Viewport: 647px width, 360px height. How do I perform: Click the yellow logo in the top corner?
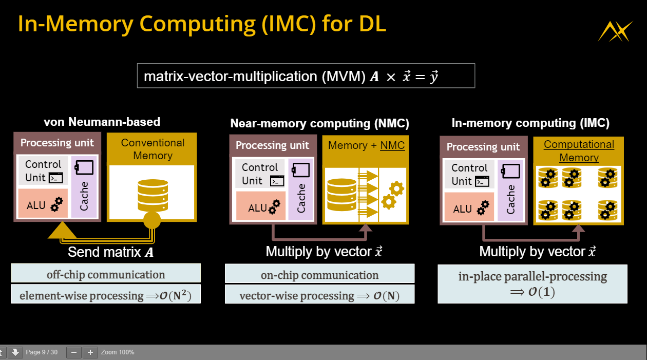(x=615, y=31)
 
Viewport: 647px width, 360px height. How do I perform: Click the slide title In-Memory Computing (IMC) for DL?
(x=202, y=24)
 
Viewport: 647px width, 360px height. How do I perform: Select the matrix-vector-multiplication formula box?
(x=306, y=76)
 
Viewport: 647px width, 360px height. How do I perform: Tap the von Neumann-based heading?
(x=102, y=122)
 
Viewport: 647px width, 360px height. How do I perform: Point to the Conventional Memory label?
(x=152, y=149)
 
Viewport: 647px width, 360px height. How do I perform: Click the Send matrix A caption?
(x=110, y=252)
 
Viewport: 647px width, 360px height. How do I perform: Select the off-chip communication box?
(x=106, y=274)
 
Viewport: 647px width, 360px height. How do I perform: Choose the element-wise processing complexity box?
(x=106, y=296)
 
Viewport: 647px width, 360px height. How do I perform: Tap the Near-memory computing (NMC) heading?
(x=320, y=123)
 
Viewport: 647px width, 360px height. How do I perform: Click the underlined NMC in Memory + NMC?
(x=392, y=145)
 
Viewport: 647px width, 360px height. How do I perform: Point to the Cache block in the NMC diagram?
(x=301, y=191)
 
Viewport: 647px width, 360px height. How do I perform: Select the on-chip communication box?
(x=319, y=275)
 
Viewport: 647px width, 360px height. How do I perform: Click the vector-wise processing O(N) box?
(x=319, y=296)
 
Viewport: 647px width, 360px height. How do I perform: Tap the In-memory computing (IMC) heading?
(x=530, y=123)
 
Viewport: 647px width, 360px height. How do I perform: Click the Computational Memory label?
(x=579, y=151)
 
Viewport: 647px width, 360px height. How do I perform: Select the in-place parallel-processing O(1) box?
(x=532, y=284)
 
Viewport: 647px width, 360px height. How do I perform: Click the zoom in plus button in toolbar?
(x=90, y=352)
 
